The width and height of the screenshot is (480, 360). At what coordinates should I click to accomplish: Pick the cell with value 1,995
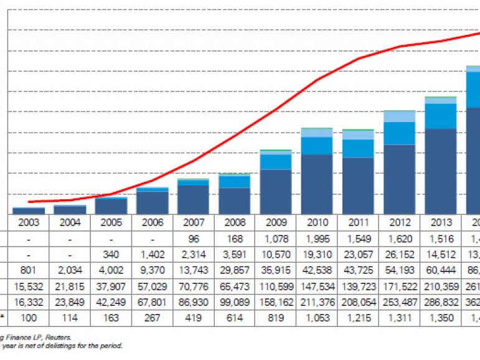(x=317, y=239)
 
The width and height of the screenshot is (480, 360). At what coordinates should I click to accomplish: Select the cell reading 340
(x=111, y=255)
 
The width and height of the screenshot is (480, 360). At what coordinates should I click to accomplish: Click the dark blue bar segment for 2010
(x=317, y=184)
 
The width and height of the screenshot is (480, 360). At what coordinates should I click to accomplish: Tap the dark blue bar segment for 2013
(x=440, y=171)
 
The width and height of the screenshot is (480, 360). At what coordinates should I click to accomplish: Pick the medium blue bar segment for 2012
(x=399, y=133)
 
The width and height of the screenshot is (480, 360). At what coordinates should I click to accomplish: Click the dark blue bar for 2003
(x=29, y=211)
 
